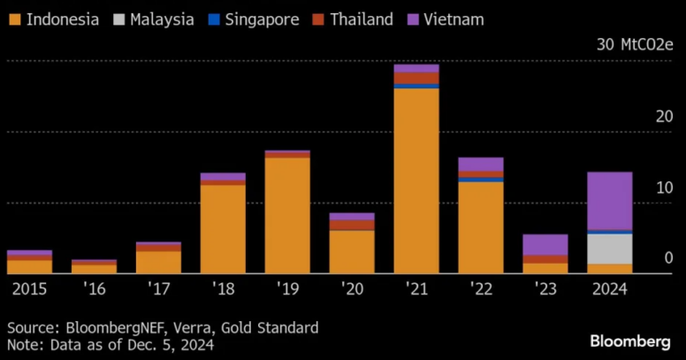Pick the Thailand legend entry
tap(352, 19)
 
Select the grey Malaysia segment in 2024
tap(610, 249)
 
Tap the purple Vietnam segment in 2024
tap(610, 201)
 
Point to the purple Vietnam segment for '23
tap(545, 244)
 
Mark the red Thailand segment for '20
tap(352, 225)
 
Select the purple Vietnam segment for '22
tap(481, 164)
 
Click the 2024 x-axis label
tap(609, 289)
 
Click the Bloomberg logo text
tap(630, 341)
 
